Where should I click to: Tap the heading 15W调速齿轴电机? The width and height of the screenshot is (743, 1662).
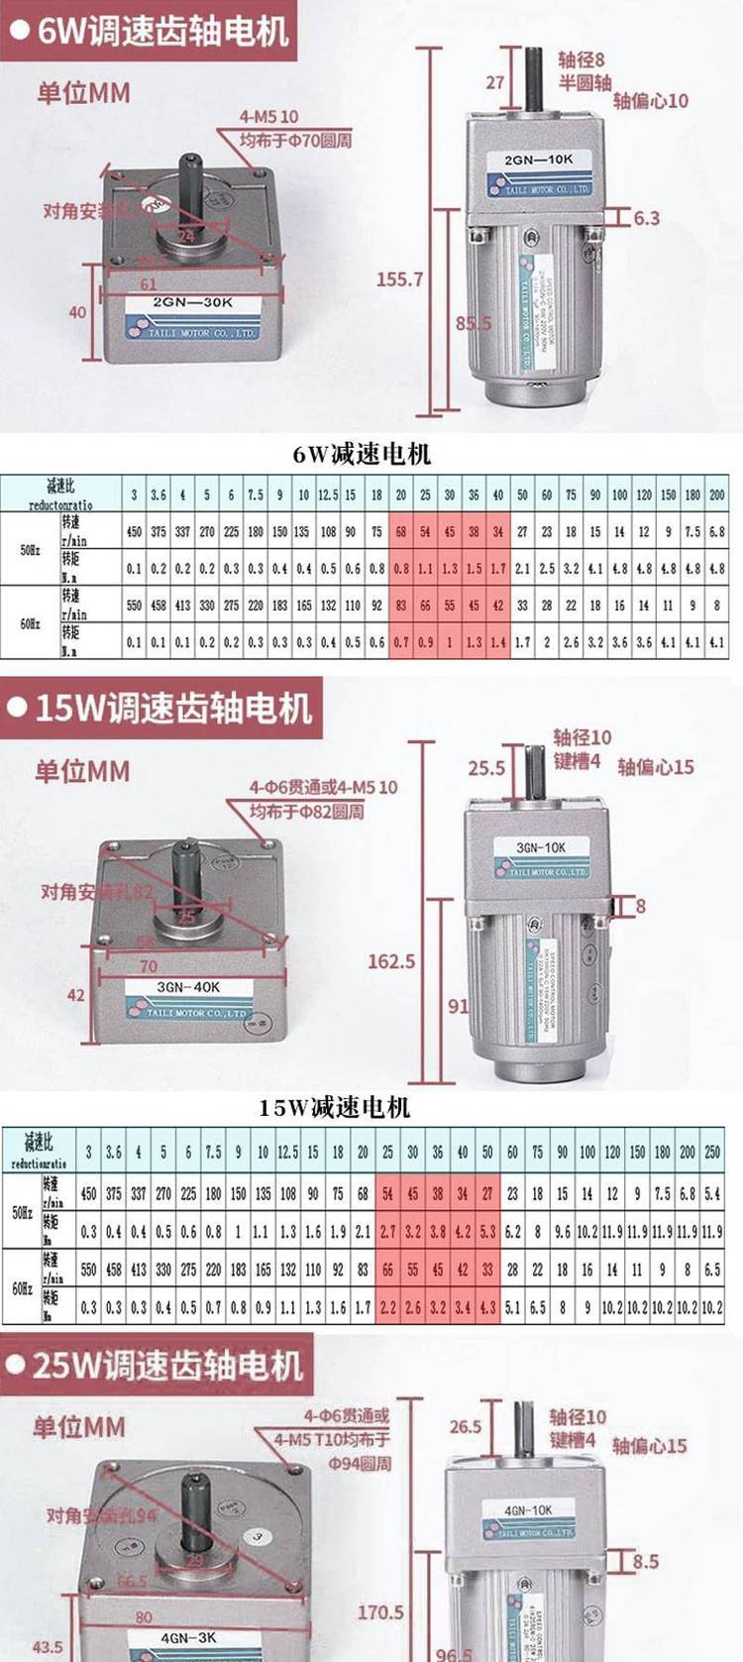coord(172,708)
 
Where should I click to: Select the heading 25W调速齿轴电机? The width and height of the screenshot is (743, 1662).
coord(165,1366)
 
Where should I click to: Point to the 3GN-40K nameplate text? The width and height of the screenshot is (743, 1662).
coord(188,987)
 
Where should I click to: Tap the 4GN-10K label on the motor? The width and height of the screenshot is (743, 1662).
coord(528,1510)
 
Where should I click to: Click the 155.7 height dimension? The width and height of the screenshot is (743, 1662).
coord(399,279)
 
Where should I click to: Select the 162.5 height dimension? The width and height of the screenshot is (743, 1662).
coord(391,960)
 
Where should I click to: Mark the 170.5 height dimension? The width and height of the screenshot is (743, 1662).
coord(380,1612)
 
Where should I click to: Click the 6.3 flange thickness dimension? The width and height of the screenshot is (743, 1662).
coord(646,217)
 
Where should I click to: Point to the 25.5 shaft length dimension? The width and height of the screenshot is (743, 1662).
coord(486,767)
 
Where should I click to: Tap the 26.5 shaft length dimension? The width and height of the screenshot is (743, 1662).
coord(466,1427)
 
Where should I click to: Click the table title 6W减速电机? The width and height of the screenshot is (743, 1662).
coord(362,454)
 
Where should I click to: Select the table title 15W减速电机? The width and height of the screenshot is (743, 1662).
coord(334,1106)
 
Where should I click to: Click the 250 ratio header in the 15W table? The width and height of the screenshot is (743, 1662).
coord(711,1152)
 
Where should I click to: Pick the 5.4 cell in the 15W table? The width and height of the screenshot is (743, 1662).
coord(711,1194)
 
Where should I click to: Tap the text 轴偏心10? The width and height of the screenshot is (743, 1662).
coord(650,100)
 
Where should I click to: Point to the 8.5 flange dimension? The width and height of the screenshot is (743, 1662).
coord(645,1562)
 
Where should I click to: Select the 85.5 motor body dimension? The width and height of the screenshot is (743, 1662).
coord(473,323)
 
